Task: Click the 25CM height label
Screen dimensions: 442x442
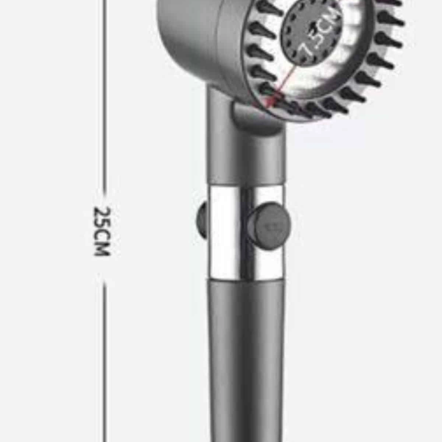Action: (x=102, y=231)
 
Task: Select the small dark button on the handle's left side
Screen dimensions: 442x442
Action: (x=202, y=219)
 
